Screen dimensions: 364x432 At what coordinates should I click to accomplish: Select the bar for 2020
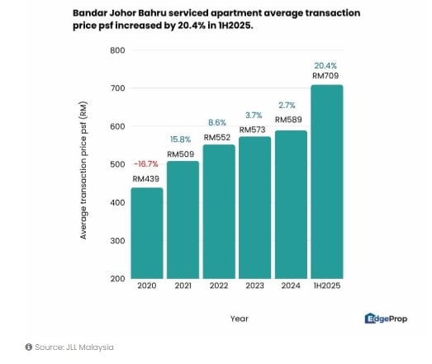click(x=146, y=233)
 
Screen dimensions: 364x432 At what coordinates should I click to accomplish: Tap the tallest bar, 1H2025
click(x=327, y=182)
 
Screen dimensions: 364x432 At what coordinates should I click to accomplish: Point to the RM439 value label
click(x=146, y=179)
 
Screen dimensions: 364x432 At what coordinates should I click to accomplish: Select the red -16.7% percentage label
click(x=146, y=164)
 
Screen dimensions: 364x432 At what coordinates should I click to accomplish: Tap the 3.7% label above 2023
click(x=254, y=116)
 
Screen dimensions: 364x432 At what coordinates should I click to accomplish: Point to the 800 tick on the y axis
click(x=117, y=50)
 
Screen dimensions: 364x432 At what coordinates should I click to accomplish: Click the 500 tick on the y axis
click(x=117, y=164)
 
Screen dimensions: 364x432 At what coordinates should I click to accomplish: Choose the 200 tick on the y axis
click(x=117, y=279)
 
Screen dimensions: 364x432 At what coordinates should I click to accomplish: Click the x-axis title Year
click(x=239, y=318)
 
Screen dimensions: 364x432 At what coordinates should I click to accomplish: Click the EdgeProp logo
click(x=387, y=319)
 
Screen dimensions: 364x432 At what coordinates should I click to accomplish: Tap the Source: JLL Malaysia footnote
click(x=69, y=347)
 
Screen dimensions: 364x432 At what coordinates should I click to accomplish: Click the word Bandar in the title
click(x=93, y=14)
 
